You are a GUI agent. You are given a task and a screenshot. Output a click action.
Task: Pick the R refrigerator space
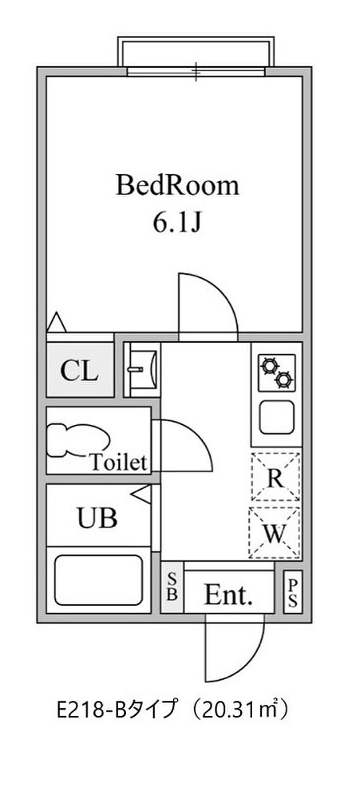pos(276,477)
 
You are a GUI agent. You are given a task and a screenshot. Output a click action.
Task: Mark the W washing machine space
pos(275,533)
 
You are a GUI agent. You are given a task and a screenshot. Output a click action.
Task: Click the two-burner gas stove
pos(277,373)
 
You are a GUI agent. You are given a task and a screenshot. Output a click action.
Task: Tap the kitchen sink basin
pos(277,417)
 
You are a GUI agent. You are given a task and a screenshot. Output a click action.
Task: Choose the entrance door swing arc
pos(250,657)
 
